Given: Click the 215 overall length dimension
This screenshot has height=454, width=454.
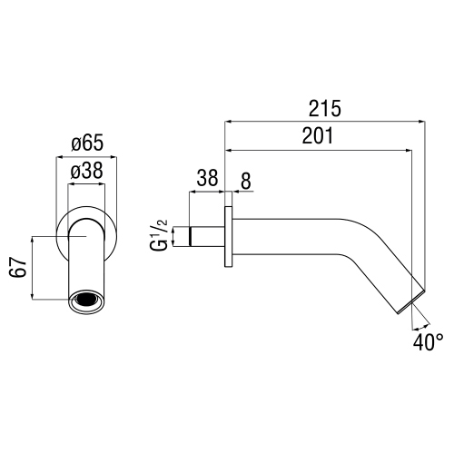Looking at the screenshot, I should [x=324, y=109].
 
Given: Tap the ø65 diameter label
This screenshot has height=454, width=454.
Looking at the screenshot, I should [x=87, y=142].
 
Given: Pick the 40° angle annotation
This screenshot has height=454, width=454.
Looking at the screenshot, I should [x=428, y=342].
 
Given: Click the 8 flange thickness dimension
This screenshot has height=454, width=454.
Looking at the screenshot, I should [x=245, y=180].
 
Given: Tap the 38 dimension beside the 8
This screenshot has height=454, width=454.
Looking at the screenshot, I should [x=207, y=180].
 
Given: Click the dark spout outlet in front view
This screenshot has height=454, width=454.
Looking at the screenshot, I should [x=87, y=299].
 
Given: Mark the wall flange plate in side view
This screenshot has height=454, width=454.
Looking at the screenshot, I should [x=229, y=239].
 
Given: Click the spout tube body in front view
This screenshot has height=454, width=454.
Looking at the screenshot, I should [x=87, y=263].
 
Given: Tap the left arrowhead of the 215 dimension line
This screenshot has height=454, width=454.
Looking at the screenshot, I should [x=229, y=122].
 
